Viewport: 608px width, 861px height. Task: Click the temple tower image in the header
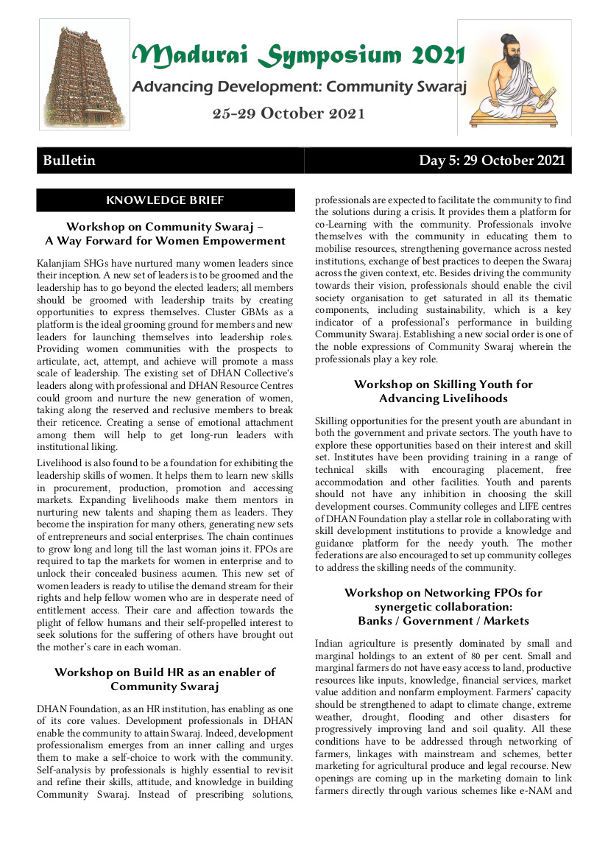tap(85, 74)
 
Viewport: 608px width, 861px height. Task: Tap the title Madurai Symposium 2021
tap(299, 55)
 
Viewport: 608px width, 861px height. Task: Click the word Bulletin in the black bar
tap(69, 161)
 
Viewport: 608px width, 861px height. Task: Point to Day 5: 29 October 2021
tap(492, 161)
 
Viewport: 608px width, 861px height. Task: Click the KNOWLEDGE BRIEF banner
tap(166, 200)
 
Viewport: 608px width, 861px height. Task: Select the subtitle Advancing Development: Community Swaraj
tap(300, 87)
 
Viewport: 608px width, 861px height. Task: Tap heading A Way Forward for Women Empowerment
tap(166, 241)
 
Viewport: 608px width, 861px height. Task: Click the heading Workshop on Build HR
tap(166, 672)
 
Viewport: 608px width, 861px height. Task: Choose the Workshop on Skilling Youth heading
tap(443, 384)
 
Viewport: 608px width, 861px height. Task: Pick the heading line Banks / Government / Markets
tap(443, 621)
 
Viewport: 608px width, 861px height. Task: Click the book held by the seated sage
tap(545, 96)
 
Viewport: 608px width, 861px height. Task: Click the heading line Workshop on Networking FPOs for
tap(443, 593)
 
